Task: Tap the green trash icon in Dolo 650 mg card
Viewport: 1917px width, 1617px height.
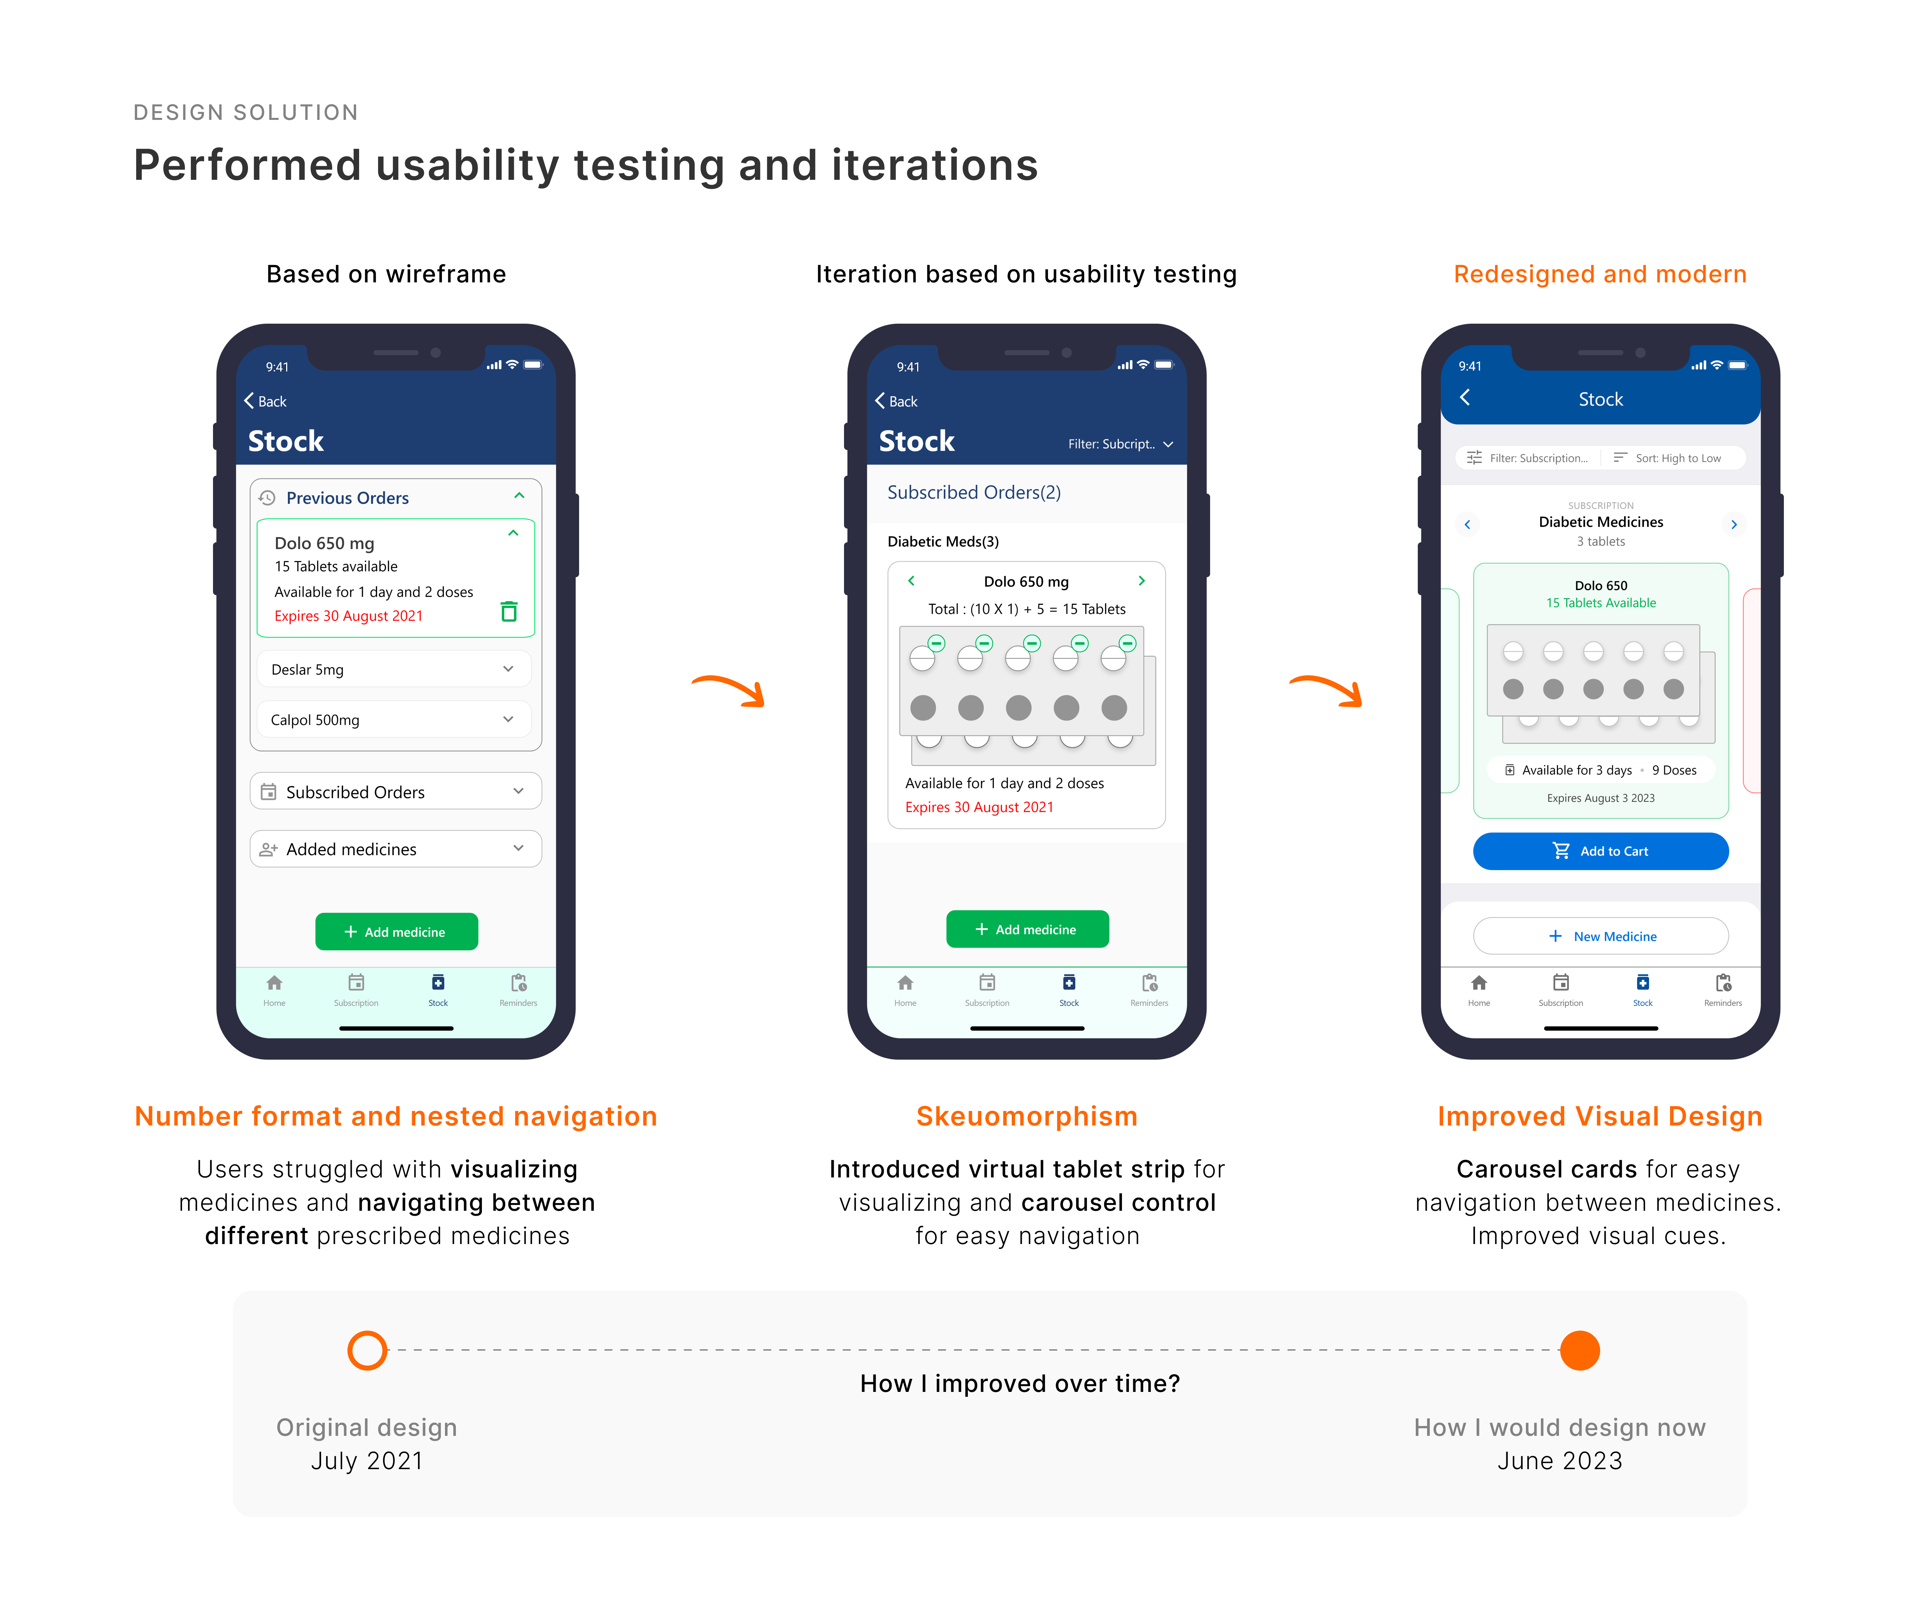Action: click(510, 611)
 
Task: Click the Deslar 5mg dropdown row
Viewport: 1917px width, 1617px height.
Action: click(394, 669)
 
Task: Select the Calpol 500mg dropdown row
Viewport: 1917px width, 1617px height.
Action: click(394, 720)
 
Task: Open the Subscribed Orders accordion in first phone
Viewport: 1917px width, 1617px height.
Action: click(396, 791)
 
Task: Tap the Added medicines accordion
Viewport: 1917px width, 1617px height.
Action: click(396, 849)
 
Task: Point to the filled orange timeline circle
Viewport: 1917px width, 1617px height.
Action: click(1580, 1350)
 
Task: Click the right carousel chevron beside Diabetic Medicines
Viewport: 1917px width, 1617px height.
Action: click(1733, 524)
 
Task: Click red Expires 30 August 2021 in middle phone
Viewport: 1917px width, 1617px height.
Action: click(979, 807)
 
